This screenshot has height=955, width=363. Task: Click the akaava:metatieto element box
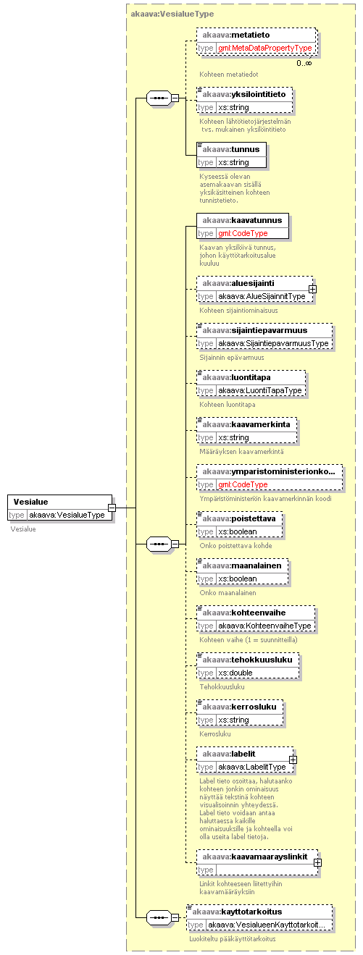pyautogui.click(x=256, y=41)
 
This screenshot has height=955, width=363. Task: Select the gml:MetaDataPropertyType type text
pyautogui.click(x=265, y=49)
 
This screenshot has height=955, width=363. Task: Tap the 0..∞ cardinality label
pyautogui.click(x=304, y=63)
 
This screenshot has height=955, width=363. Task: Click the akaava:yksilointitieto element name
pyautogui.click(x=244, y=94)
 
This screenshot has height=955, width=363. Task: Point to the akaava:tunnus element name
pyautogui.click(x=230, y=149)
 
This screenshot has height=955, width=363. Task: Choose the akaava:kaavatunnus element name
pyautogui.click(x=242, y=220)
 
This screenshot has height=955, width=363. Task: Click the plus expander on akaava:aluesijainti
pyautogui.click(x=313, y=289)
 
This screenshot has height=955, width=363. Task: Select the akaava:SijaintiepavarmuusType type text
pyautogui.click(x=273, y=343)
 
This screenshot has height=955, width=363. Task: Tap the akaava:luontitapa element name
pyautogui.click(x=236, y=377)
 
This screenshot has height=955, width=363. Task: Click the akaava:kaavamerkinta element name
pyautogui.click(x=246, y=424)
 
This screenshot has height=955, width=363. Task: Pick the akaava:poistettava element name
pyautogui.click(x=239, y=518)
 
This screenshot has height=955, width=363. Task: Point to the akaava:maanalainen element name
pyautogui.click(x=242, y=565)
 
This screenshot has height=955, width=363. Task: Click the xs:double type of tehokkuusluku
pyautogui.click(x=235, y=673)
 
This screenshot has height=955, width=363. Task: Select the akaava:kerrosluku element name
pyautogui.click(x=239, y=707)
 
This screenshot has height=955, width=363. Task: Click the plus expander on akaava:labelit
pyautogui.click(x=293, y=760)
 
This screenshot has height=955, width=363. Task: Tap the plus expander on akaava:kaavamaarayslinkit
pyautogui.click(x=318, y=862)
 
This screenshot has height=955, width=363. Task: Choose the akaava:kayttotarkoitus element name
pyautogui.click(x=237, y=912)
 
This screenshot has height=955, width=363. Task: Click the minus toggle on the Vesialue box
pyautogui.click(x=112, y=508)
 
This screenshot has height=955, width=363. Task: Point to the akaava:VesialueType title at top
pyautogui.click(x=172, y=14)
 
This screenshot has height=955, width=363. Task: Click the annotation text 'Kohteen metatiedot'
pyautogui.click(x=229, y=74)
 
